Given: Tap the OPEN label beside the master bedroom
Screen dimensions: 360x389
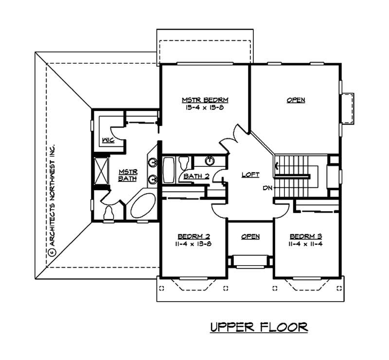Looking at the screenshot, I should [296, 100].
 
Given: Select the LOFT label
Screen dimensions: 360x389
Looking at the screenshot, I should [250, 175].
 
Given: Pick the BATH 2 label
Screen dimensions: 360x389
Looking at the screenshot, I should [196, 176].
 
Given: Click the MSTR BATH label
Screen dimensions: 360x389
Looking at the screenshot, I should [128, 176].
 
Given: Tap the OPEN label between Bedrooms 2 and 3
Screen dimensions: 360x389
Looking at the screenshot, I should [250, 236].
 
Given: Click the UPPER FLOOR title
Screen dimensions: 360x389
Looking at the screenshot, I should [259, 327].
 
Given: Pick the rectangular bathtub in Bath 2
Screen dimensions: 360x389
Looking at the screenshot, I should [168, 169].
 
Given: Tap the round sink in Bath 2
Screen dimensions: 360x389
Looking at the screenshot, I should [210, 161].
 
